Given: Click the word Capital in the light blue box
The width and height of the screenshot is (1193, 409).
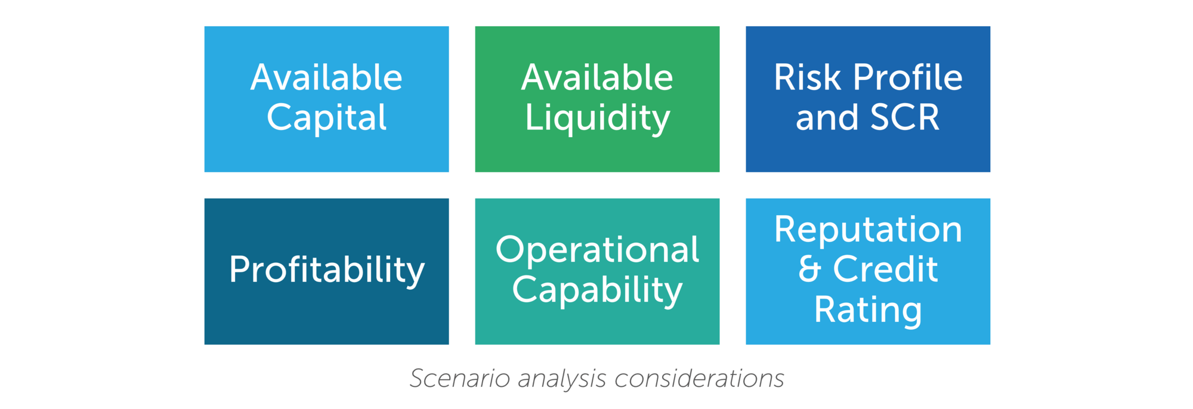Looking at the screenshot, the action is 326,117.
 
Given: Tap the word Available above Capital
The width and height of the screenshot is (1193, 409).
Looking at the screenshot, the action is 326,78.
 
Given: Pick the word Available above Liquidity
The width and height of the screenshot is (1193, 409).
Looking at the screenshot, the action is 597,78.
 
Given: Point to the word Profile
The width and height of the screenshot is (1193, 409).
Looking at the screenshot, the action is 907,78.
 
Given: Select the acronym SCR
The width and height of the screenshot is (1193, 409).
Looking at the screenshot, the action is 905,117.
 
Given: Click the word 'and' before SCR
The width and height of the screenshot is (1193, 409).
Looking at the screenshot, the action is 827,117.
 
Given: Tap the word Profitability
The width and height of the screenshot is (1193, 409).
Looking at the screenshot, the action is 326,271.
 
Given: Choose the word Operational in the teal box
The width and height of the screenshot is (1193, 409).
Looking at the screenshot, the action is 597,249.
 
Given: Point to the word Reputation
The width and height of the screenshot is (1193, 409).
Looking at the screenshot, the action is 868,231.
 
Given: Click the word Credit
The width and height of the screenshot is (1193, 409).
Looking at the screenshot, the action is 885,269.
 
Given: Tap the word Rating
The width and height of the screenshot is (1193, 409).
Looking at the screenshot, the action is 868,311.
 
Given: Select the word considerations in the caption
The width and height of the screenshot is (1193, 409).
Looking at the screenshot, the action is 699,379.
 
